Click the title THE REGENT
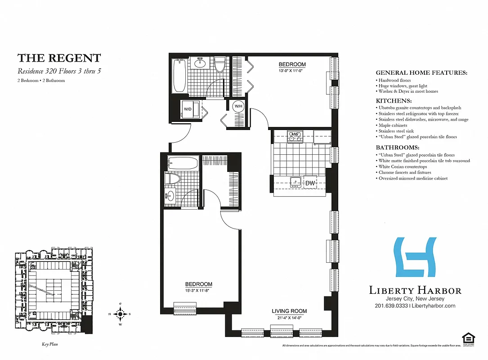(x=59, y=58)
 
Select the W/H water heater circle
(x=238, y=107)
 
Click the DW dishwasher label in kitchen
(x=310, y=183)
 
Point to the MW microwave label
(x=295, y=134)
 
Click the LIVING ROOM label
(x=289, y=311)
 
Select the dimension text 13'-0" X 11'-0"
(x=292, y=70)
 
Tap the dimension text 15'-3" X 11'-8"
(x=198, y=290)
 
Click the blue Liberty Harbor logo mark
(x=415, y=257)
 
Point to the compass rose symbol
(x=120, y=314)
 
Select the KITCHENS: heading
(x=394, y=101)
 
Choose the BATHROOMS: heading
(x=397, y=148)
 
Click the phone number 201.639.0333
(x=391, y=306)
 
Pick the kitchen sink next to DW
(x=295, y=181)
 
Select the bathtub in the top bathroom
(x=179, y=75)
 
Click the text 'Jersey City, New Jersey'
(x=415, y=299)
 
